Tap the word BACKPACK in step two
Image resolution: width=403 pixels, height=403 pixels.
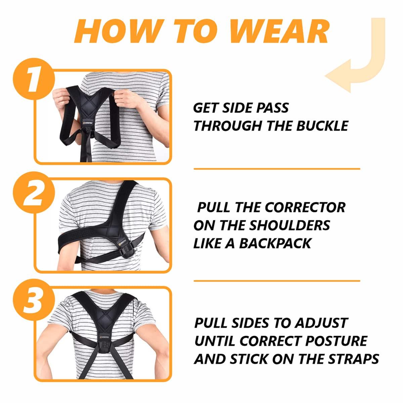click(275, 243)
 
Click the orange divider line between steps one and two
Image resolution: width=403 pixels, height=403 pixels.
click(277, 169)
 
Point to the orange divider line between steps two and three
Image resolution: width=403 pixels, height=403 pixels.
click(277, 281)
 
